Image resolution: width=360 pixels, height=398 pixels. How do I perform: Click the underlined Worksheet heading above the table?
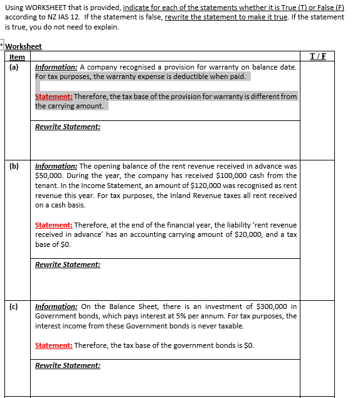tap(23, 46)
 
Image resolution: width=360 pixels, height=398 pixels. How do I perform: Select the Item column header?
tap(18, 57)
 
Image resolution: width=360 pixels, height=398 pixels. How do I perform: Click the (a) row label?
tap(14, 66)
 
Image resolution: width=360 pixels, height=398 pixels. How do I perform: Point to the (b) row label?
tap(14, 166)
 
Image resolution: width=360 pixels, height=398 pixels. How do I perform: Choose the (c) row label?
tap(14, 306)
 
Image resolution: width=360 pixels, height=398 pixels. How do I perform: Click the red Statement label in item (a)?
tap(53, 97)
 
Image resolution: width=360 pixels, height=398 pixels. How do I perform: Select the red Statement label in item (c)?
tap(53, 345)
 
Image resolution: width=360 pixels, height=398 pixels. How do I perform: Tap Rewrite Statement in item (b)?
tap(68, 264)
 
